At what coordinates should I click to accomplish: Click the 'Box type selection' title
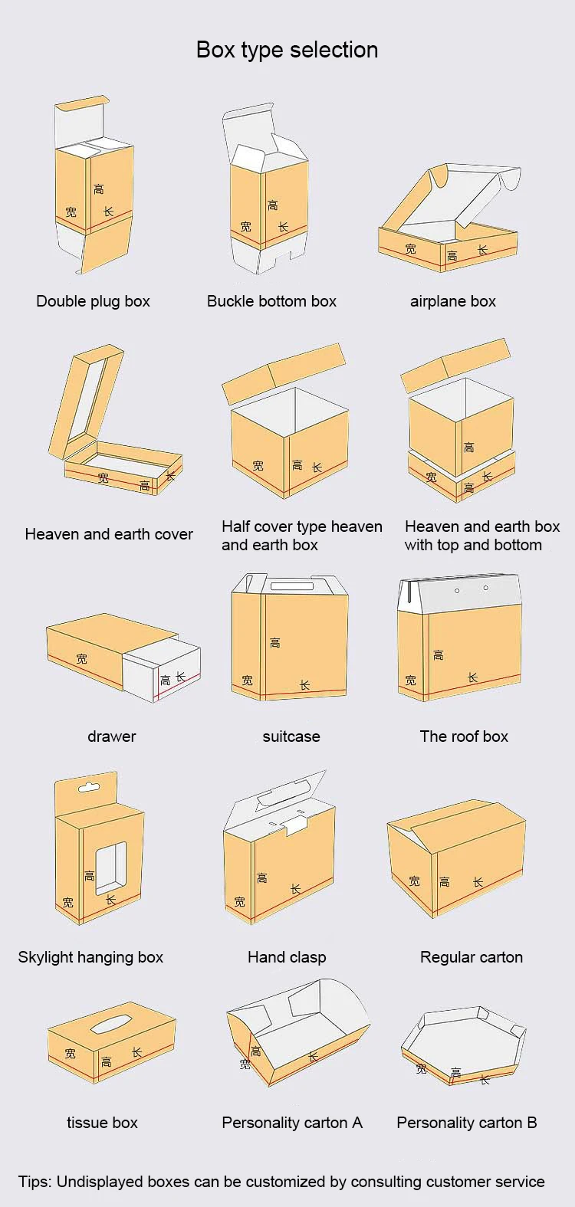(287, 50)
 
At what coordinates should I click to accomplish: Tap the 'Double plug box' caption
(93, 301)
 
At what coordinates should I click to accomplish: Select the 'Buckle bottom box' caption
(271, 301)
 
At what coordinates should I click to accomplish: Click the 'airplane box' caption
(452, 301)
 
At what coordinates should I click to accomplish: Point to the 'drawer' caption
(111, 736)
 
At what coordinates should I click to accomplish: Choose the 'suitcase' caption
(291, 736)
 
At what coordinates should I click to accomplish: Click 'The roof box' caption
(464, 736)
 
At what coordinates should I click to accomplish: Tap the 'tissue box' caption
(102, 1123)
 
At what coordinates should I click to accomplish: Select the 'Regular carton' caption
(471, 957)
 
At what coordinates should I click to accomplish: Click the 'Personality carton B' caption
(466, 1123)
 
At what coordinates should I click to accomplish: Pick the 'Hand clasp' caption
(286, 957)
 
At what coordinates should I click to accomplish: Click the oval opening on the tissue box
(110, 1023)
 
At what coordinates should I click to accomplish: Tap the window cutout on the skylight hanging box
(110, 868)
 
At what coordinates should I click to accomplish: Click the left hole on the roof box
(457, 590)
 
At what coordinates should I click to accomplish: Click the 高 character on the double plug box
(98, 189)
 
